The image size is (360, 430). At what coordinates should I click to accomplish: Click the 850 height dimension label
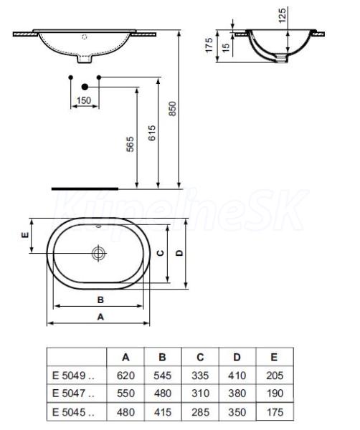pyautogui.click(x=172, y=109)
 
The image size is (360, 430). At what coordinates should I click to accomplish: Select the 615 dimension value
pyautogui.click(x=152, y=133)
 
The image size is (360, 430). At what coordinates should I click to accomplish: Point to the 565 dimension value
pyautogui.click(x=130, y=144)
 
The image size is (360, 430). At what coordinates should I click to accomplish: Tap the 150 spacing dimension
pyautogui.click(x=84, y=100)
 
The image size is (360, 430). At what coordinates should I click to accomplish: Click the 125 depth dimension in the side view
pyautogui.click(x=282, y=15)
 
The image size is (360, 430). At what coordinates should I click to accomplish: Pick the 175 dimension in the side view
pyautogui.click(x=209, y=45)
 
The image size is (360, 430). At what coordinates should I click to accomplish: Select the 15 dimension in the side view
pyautogui.click(x=226, y=48)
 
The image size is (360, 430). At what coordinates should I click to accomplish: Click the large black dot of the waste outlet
pyautogui.click(x=85, y=87)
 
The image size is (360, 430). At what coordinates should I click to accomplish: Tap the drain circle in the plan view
pyautogui.click(x=99, y=253)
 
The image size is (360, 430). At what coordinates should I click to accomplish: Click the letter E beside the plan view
pyautogui.click(x=25, y=235)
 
